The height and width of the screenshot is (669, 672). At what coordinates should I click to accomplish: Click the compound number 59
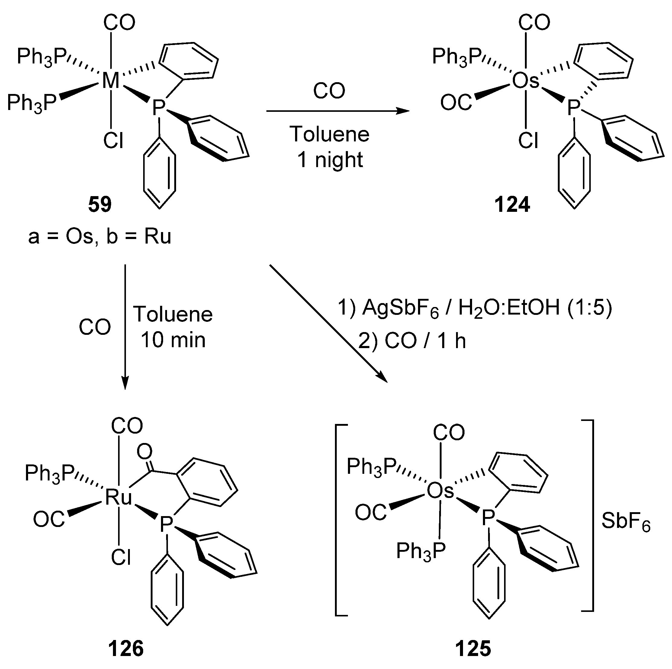[100, 205]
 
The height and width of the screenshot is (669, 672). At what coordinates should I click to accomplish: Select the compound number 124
[512, 205]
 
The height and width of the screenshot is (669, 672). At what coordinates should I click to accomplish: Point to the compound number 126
[126, 649]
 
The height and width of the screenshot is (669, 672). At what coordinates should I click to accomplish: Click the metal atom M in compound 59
[111, 81]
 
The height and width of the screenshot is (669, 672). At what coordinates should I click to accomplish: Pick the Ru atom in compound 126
[119, 497]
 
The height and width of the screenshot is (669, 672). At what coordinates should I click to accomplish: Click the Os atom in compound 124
[526, 81]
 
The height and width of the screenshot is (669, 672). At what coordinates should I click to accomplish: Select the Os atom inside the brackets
[440, 491]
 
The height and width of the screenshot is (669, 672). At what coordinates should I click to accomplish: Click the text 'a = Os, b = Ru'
[100, 237]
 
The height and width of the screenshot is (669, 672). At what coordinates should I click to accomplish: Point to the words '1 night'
[330, 160]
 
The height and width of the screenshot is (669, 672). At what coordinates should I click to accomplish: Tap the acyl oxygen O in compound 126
[144, 451]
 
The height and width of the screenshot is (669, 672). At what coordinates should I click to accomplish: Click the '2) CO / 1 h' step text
[412, 341]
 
